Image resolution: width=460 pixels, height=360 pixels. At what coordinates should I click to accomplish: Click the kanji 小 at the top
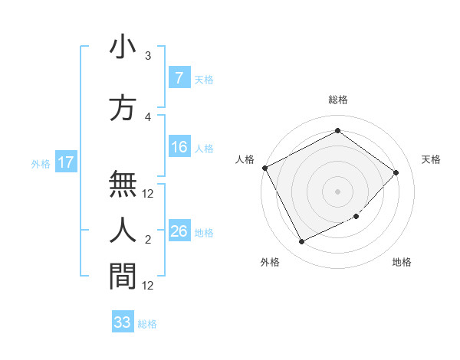[123, 48]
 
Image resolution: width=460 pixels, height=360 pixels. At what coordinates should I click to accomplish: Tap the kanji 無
[123, 185]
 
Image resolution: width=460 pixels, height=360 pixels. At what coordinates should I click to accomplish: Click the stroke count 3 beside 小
[148, 56]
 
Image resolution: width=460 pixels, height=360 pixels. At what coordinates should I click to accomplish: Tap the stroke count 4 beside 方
[148, 117]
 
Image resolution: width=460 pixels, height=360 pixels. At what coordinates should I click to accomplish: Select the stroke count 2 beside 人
[148, 241]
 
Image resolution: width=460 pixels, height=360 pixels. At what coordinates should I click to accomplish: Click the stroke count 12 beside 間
[148, 286]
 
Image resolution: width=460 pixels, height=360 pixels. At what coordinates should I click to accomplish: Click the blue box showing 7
[179, 77]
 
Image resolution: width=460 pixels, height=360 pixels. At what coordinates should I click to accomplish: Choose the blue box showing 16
[179, 147]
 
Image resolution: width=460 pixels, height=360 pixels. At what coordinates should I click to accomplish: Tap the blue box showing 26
[179, 231]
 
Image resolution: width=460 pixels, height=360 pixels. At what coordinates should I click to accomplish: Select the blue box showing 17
[66, 162]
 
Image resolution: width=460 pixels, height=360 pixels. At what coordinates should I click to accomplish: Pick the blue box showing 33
[123, 322]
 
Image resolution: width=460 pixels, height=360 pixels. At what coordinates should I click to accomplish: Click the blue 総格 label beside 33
[147, 324]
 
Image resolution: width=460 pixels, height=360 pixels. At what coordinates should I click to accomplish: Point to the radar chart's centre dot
[337, 191]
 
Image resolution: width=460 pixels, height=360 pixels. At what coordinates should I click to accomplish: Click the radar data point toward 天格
[396, 172]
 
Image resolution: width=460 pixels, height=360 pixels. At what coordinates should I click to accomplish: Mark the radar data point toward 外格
[301, 242]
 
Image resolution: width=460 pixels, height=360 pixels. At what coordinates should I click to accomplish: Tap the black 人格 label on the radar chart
[245, 159]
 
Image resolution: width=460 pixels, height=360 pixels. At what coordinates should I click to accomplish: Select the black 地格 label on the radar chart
[402, 262]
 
